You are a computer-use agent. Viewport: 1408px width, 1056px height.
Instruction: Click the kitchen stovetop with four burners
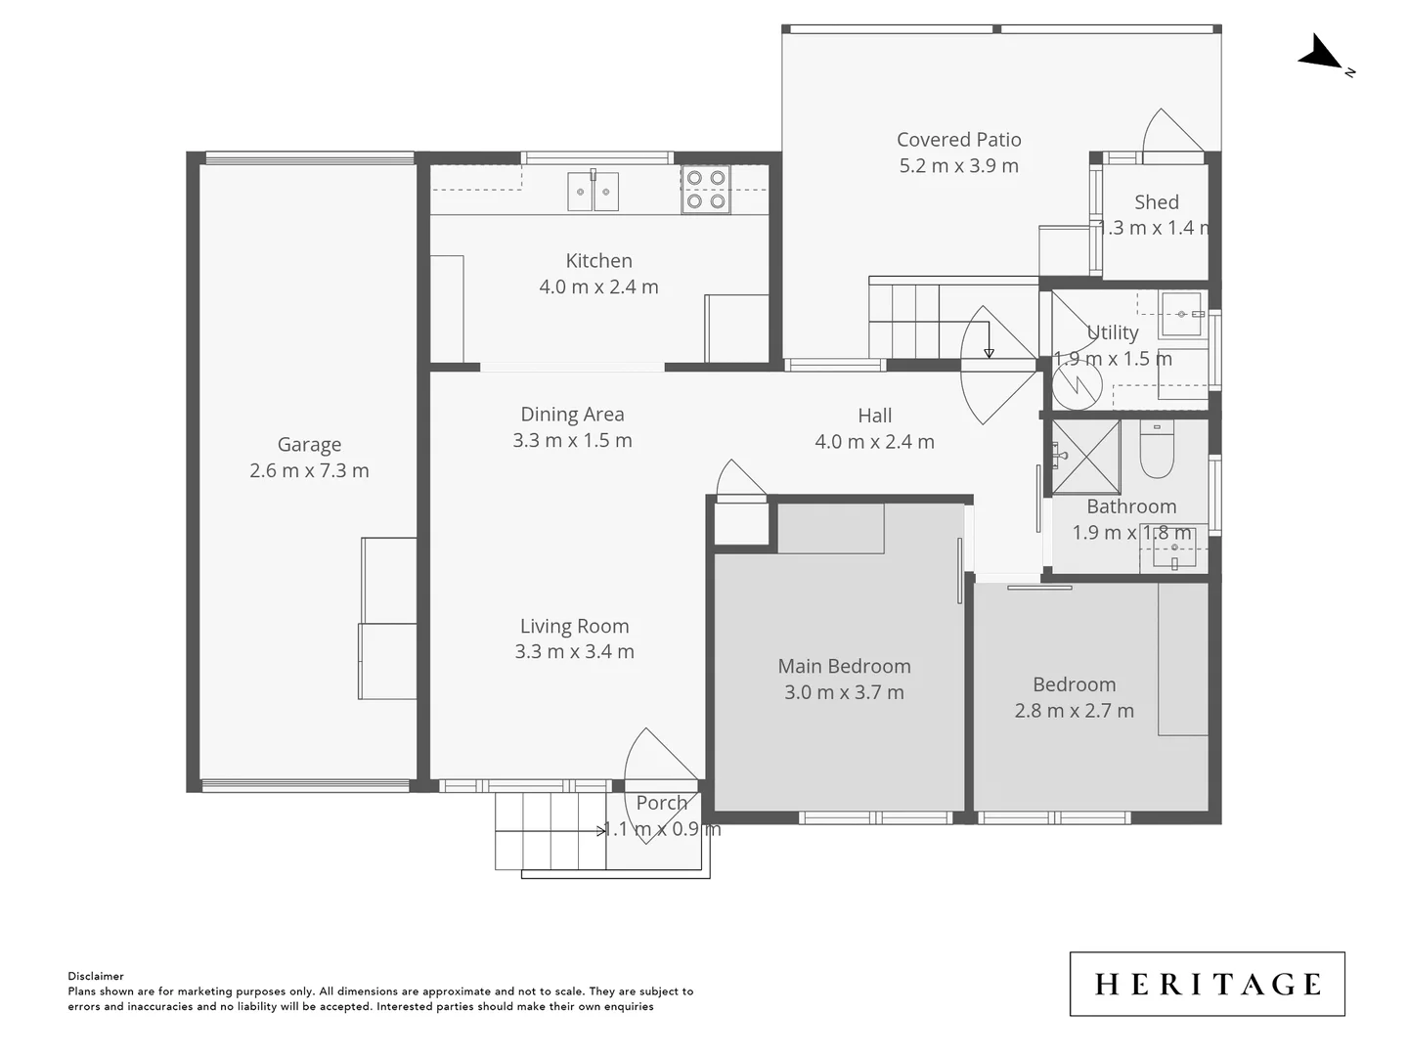[706, 190]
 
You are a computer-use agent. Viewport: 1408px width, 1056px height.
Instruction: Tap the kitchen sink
[594, 192]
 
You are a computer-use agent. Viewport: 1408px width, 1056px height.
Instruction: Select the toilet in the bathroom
[1157, 452]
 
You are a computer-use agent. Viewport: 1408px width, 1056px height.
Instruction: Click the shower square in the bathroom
[1085, 457]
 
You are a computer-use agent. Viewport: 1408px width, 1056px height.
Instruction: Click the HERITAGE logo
[1207, 984]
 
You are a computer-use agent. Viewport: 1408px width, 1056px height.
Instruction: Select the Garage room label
[309, 445]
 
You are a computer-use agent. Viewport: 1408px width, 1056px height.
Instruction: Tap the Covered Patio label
[958, 140]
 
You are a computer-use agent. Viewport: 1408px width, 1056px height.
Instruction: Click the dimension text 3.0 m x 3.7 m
[844, 692]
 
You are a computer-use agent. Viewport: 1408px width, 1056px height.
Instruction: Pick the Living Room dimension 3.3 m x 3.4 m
[574, 652]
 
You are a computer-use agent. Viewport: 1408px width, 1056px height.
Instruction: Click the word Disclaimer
[96, 976]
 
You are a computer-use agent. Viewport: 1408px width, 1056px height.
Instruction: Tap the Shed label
[1156, 202]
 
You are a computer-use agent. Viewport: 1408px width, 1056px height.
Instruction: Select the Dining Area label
[572, 415]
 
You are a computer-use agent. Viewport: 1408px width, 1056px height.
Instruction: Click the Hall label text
[874, 416]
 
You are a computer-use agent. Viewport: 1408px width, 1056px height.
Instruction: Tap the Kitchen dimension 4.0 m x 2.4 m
[598, 287]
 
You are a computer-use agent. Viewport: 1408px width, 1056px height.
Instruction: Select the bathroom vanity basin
[1173, 550]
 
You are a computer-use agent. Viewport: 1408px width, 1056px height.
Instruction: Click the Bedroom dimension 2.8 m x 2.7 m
[1074, 711]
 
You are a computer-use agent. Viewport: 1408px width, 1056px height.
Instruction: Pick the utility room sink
[1181, 314]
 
